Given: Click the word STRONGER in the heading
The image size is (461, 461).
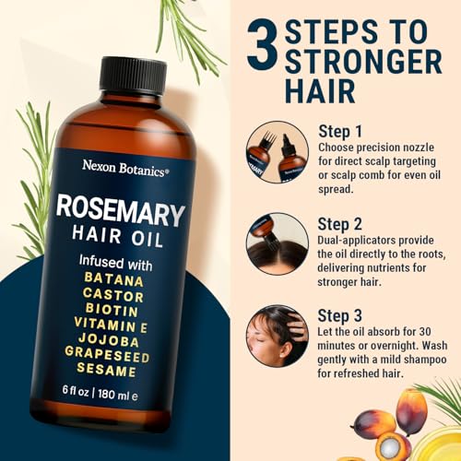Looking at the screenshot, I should point(362,62).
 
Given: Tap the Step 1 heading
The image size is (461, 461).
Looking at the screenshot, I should point(342,130).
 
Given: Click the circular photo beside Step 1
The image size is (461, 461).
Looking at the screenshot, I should point(277,151).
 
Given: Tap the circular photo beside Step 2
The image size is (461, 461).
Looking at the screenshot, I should point(277,243).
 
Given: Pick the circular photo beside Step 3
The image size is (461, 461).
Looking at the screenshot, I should point(277,337).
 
